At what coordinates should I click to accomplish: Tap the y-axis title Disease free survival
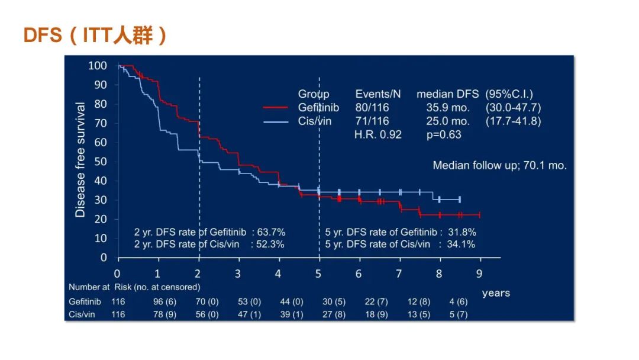(x=80, y=160)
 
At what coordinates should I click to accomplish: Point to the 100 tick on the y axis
(x=98, y=66)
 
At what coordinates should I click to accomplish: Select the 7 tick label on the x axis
(x=399, y=274)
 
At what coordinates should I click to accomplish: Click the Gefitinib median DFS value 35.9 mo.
(x=448, y=108)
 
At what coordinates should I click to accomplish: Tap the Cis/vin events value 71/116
(x=372, y=121)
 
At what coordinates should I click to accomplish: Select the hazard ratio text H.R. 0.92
(x=377, y=134)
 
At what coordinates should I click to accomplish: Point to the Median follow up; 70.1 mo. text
(x=499, y=166)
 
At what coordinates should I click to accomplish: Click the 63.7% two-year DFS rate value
(x=270, y=232)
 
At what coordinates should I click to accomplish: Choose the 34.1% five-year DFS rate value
(x=461, y=244)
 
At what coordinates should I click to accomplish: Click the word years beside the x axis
(x=496, y=293)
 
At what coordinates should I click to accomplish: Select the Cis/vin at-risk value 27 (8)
(x=334, y=314)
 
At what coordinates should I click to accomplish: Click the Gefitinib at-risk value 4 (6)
(x=458, y=302)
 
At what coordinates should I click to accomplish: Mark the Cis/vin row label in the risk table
(x=80, y=314)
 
